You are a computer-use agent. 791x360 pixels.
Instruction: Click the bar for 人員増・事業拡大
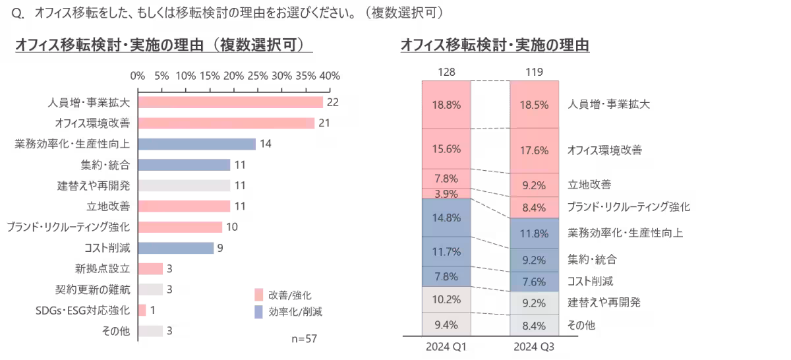point(231,102)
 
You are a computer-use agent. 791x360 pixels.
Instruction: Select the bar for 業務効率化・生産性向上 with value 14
point(197,144)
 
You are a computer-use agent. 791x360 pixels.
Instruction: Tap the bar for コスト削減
point(176,248)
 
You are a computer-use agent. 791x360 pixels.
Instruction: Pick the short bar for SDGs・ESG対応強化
point(142,310)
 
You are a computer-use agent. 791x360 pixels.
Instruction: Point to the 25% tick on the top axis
point(258,76)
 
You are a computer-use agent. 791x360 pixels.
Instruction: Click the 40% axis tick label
point(330,76)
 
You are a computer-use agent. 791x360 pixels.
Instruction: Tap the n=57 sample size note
point(304,338)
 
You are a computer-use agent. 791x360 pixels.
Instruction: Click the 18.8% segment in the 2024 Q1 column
point(446,104)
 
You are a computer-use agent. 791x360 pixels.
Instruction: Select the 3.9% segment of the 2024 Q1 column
point(446,193)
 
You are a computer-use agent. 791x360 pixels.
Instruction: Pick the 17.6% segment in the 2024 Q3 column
point(534,150)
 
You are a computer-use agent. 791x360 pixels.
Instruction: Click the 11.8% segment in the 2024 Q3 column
point(534,233)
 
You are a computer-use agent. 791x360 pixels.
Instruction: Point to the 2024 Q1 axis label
point(446,345)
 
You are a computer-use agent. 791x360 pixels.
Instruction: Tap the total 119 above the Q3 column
point(534,71)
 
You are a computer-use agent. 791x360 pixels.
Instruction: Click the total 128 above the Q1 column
point(446,71)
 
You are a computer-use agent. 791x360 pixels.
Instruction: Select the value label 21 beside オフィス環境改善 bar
point(323,123)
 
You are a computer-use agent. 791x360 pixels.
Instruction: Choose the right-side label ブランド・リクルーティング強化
point(629,207)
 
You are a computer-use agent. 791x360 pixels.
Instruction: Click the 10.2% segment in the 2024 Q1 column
point(446,299)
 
